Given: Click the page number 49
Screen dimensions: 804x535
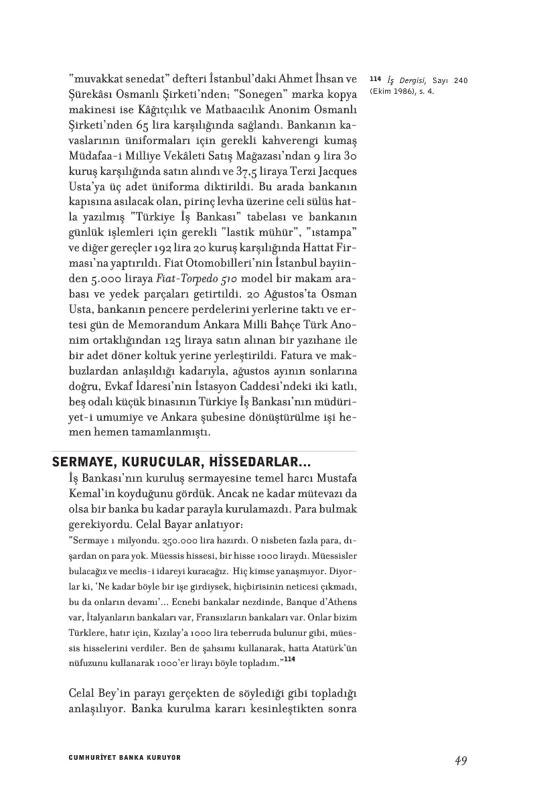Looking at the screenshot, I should [x=460, y=760].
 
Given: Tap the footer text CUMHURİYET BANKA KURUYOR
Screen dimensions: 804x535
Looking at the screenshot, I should [x=125, y=758].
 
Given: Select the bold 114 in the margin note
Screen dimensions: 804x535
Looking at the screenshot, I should [x=373, y=81].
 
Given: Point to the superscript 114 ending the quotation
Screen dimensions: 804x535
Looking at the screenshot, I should [x=288, y=660].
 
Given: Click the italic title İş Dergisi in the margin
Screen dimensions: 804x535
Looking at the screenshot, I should [x=402, y=81].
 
